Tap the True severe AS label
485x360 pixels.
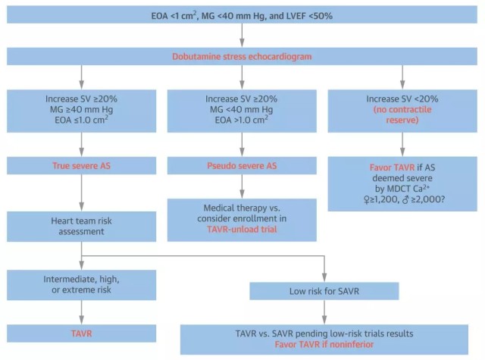click(x=80, y=165)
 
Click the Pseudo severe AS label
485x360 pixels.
click(x=242, y=165)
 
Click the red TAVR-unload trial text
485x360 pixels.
click(x=242, y=228)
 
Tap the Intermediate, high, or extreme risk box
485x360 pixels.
click(x=80, y=285)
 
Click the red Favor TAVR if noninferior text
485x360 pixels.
click(x=324, y=344)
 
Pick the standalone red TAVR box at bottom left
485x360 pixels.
click(x=80, y=333)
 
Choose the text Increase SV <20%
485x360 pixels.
click(x=402, y=99)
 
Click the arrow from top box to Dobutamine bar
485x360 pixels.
click(x=242, y=35)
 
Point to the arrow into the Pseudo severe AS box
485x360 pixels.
click(x=242, y=147)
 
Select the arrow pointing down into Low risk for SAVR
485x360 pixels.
click(x=324, y=274)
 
